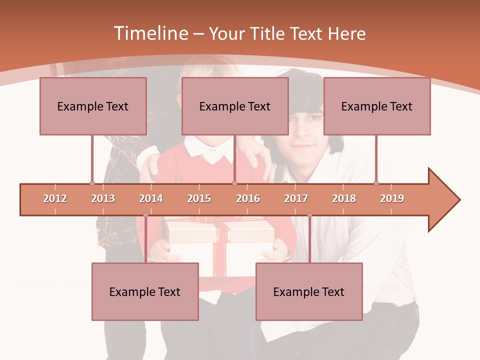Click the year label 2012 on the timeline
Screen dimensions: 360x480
(55, 198)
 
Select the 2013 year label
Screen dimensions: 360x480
(103, 198)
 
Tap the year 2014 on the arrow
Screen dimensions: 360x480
(151, 198)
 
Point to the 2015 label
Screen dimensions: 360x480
(199, 198)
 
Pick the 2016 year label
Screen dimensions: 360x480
(248, 198)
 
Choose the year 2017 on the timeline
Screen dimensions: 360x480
(296, 198)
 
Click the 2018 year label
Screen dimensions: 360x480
(344, 198)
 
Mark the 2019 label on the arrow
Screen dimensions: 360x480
(392, 198)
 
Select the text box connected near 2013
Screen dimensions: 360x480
(93, 106)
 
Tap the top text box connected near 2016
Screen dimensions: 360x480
(235, 106)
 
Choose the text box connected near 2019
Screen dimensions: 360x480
(377, 106)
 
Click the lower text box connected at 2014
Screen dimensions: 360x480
(145, 291)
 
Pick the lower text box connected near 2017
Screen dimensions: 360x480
(309, 291)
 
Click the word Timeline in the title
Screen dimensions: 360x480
(150, 33)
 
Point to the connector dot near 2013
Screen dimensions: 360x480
(92, 183)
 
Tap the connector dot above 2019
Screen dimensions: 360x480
(376, 183)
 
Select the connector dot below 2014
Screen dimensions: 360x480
(145, 215)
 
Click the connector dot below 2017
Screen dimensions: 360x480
(309, 215)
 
